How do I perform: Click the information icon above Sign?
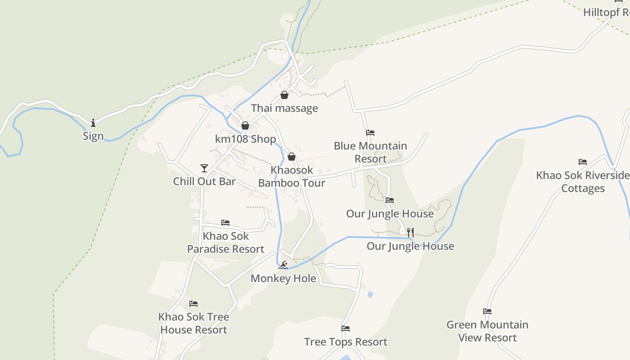pyautogui.click(x=93, y=122)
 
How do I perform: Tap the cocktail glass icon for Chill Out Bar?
pyautogui.click(x=204, y=168)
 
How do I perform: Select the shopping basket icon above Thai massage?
pyautogui.click(x=284, y=95)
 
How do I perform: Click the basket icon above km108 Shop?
pyautogui.click(x=245, y=126)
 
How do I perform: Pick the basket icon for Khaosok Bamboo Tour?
pyautogui.click(x=292, y=157)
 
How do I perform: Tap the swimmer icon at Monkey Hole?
pyautogui.click(x=283, y=265)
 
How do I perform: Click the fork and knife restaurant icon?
pyautogui.click(x=410, y=232)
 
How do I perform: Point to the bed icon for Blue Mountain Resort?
pyautogui.click(x=370, y=133)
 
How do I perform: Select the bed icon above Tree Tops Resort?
pyautogui.click(x=346, y=328)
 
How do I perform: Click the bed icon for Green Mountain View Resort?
pyautogui.click(x=487, y=311)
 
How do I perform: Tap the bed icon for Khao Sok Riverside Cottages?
pyautogui.click(x=583, y=162)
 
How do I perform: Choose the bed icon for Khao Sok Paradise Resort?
pyautogui.click(x=225, y=223)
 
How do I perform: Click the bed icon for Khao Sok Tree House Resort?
pyautogui.click(x=193, y=304)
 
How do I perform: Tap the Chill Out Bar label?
pyautogui.click(x=204, y=181)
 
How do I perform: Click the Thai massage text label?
pyautogui.click(x=284, y=108)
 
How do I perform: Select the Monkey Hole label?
pyautogui.click(x=283, y=279)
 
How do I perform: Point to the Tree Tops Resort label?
pyautogui.click(x=346, y=342)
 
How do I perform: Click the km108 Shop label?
pyautogui.click(x=245, y=139)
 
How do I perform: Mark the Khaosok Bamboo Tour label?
pyautogui.click(x=292, y=176)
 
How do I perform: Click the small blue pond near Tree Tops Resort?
pyautogui.click(x=370, y=295)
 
